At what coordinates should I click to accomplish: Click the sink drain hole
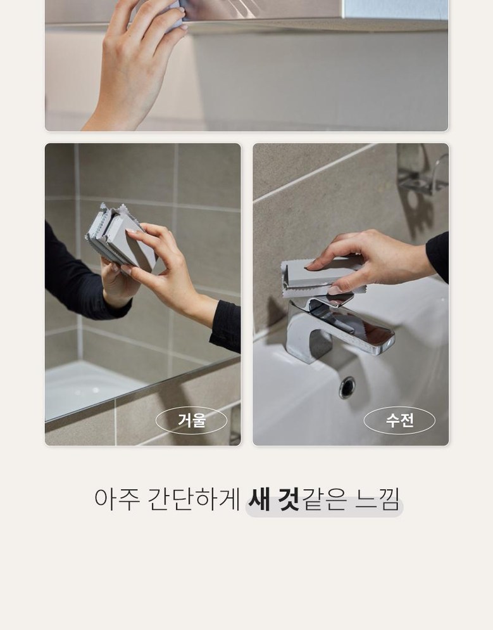pyautogui.click(x=347, y=387)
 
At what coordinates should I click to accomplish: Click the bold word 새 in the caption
pyautogui.click(x=259, y=499)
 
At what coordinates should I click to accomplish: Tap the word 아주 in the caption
pyautogui.click(x=117, y=499)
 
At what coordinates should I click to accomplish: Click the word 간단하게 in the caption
pyautogui.click(x=194, y=499)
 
